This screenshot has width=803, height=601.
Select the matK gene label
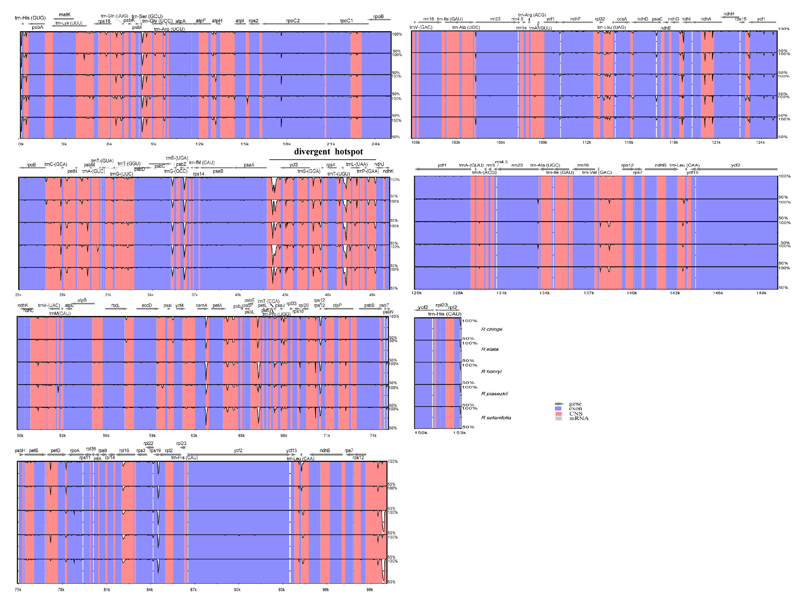(x=65, y=15)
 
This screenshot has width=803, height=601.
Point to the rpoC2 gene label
(x=293, y=21)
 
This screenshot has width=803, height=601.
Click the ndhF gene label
(x=575, y=19)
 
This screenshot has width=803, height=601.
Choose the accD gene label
(x=147, y=305)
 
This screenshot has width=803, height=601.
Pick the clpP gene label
(x=337, y=305)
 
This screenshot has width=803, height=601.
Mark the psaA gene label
(x=249, y=165)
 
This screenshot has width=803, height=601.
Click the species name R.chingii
(x=492, y=329)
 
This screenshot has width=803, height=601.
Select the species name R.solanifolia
(x=496, y=418)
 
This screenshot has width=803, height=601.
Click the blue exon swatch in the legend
(x=558, y=409)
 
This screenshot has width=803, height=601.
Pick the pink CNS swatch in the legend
(x=558, y=414)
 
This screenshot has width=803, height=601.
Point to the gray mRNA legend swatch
(x=558, y=418)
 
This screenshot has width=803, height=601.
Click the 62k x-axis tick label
(x=194, y=435)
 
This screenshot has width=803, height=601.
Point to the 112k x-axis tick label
(x=587, y=142)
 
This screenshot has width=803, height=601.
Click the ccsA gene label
(x=622, y=19)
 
